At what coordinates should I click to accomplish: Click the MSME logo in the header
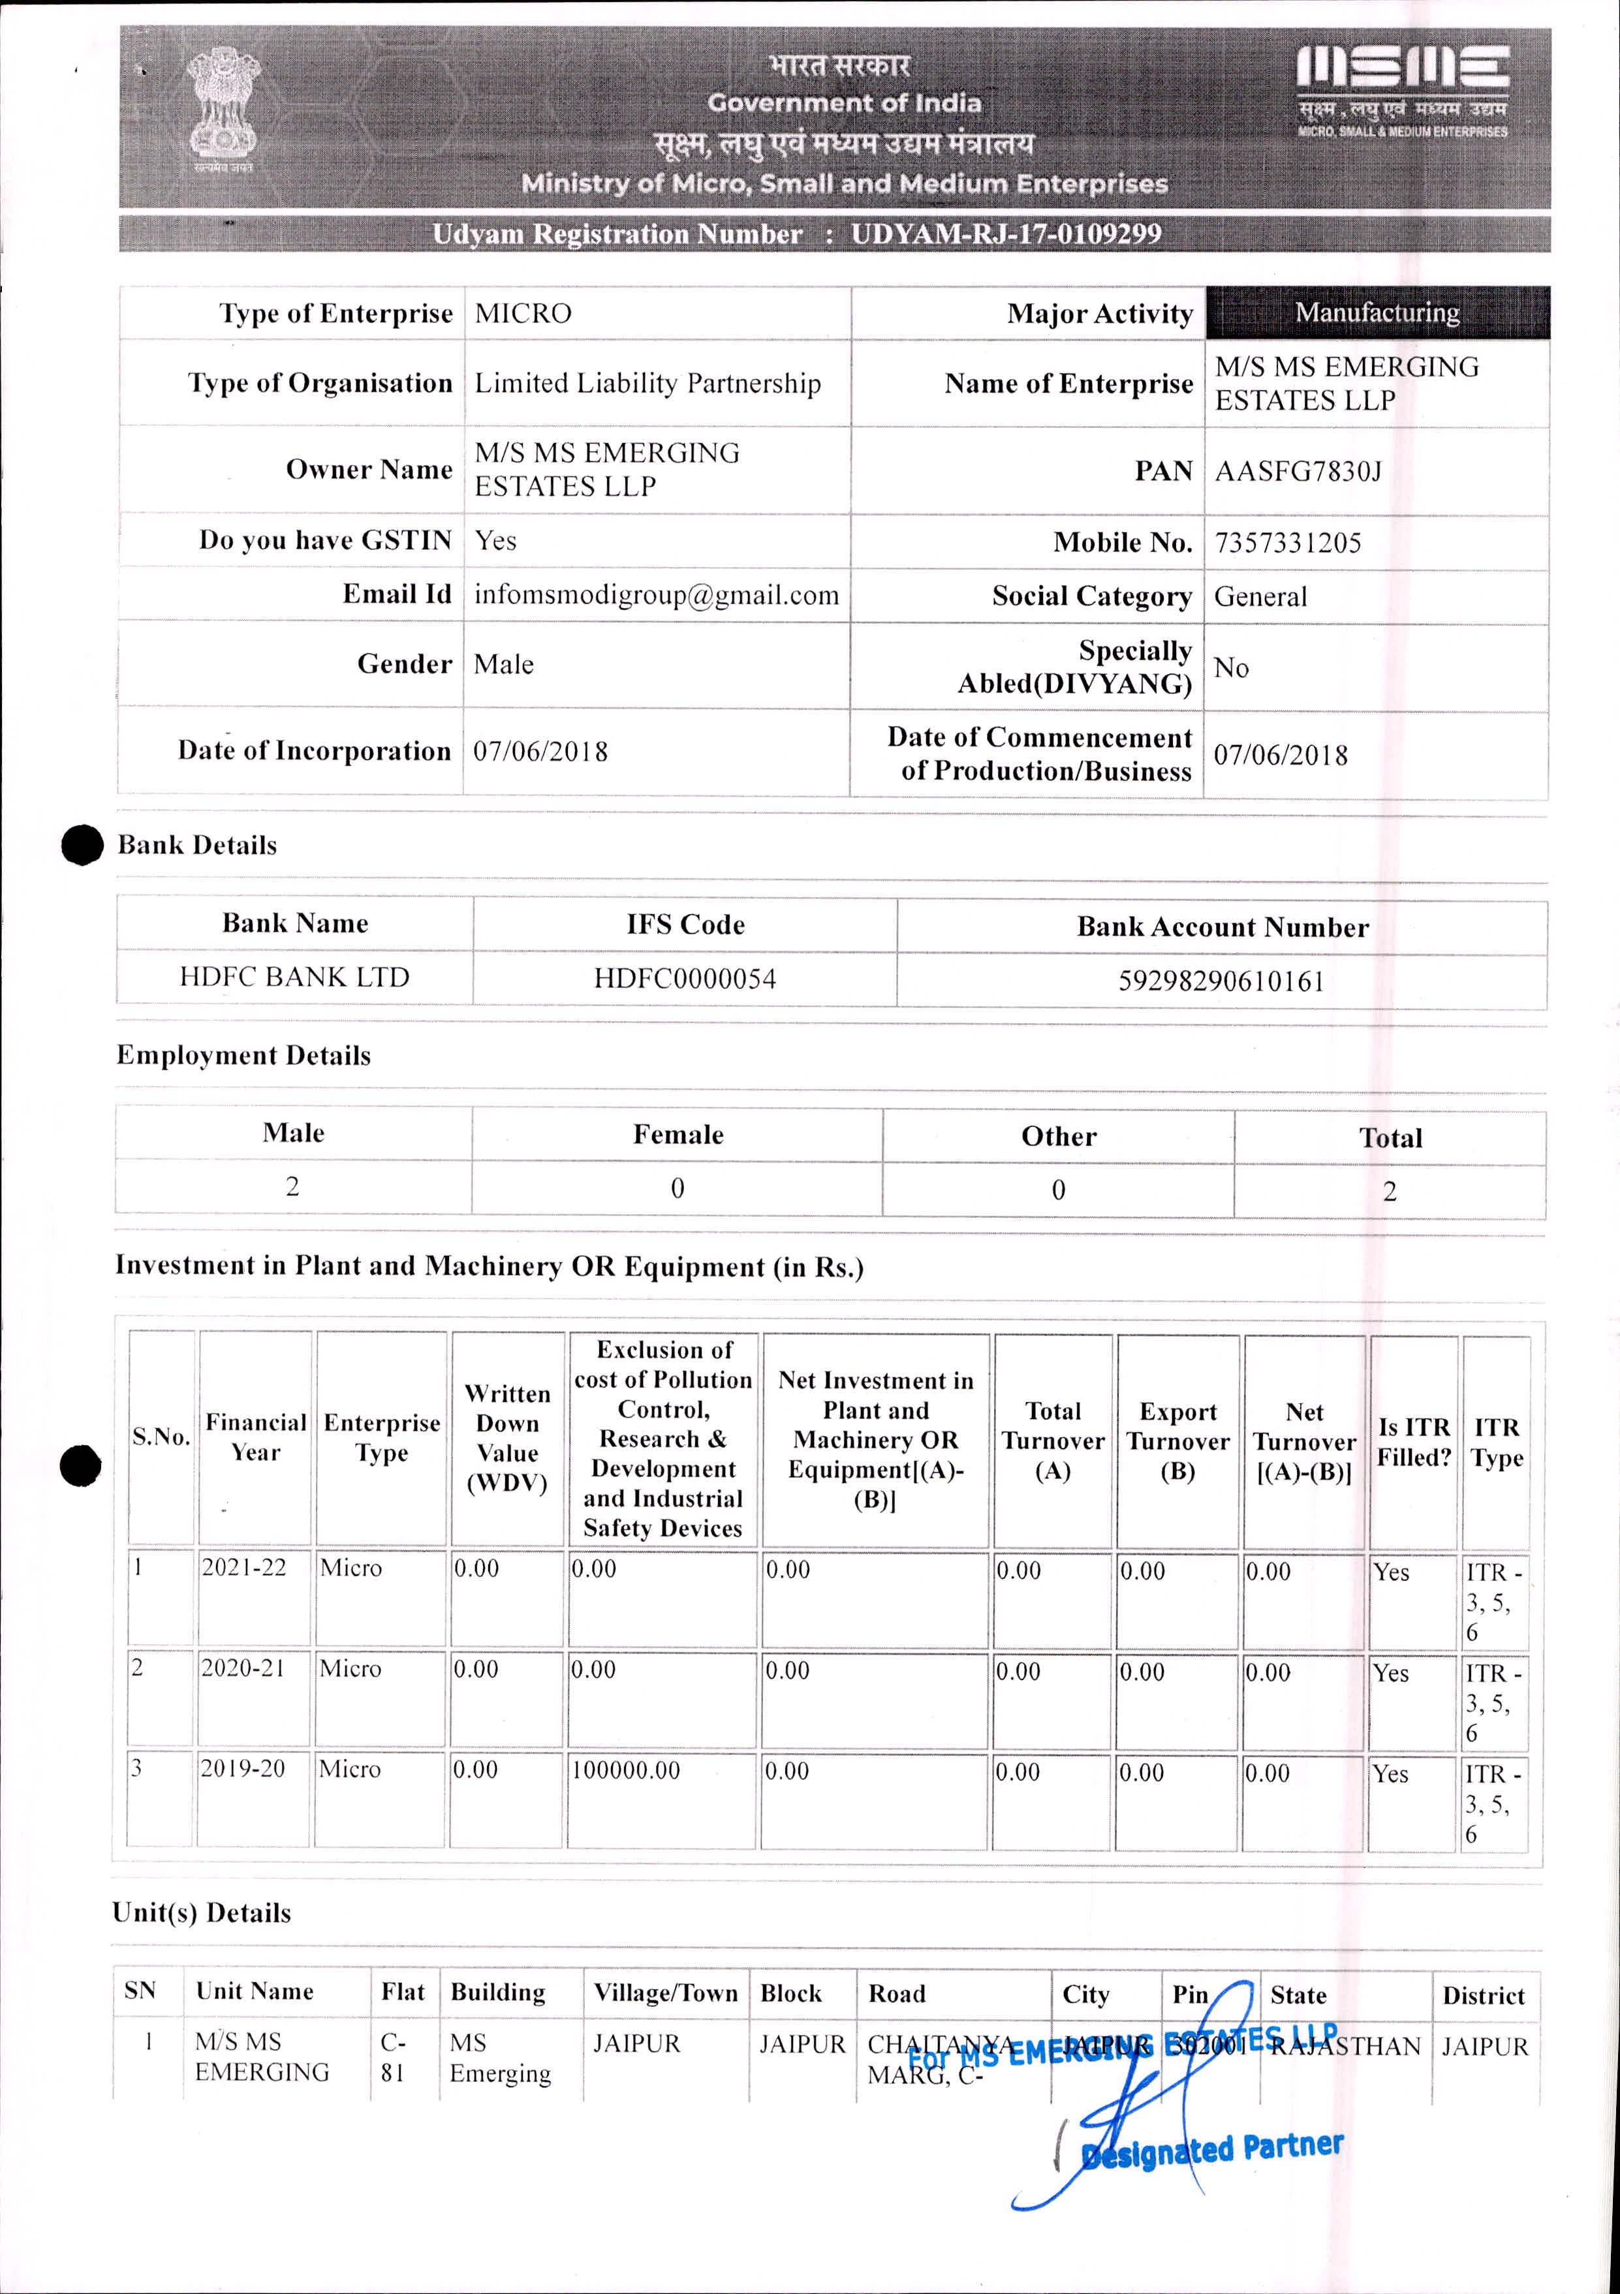tap(1402, 90)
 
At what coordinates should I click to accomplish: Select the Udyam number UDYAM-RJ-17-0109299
tap(1005, 234)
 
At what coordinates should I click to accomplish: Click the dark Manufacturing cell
tap(1377, 313)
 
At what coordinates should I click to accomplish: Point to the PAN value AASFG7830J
tap(1298, 472)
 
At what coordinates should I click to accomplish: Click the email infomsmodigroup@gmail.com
tap(657, 596)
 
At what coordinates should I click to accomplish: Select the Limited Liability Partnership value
tap(647, 384)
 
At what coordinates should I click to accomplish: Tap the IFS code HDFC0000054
tap(685, 978)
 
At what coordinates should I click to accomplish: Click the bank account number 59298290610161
tap(1221, 981)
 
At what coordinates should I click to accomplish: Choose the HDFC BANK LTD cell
tap(295, 977)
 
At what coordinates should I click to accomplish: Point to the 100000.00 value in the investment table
tap(626, 1771)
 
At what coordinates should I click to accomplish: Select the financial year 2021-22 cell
tap(244, 1568)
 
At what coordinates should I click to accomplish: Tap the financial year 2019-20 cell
tap(243, 1769)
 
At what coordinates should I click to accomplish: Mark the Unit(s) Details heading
tap(202, 1912)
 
